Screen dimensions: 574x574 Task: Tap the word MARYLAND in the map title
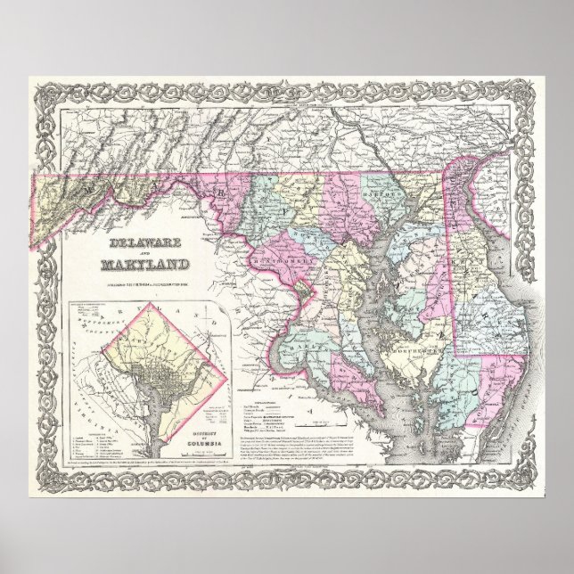coord(143,265)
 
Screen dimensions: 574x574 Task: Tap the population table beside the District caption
coord(215,415)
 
